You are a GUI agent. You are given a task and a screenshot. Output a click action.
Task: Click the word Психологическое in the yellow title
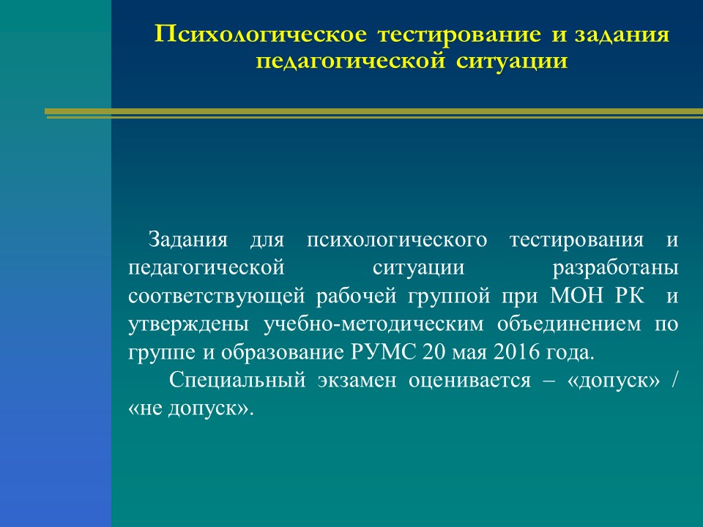261,34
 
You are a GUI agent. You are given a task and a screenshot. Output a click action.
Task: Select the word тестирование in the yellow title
459,34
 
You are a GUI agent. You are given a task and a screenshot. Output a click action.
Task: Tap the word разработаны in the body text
615,269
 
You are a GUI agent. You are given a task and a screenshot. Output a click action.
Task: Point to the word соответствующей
217,296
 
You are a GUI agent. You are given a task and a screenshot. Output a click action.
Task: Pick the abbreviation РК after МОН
630,296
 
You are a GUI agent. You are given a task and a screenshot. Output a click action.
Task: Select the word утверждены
188,324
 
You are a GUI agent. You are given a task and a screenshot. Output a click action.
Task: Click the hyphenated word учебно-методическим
373,324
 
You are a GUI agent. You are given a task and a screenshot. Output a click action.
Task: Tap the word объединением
569,324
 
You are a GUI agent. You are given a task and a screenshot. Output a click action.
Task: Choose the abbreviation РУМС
383,352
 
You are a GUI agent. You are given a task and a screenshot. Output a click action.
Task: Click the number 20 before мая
433,352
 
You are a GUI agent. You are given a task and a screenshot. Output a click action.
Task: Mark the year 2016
516,352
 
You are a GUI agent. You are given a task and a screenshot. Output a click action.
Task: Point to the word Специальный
237,380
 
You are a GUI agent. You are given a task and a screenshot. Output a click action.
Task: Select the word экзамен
357,381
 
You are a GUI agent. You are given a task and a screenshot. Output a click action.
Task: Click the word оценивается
469,381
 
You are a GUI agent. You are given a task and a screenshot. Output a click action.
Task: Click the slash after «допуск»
674,381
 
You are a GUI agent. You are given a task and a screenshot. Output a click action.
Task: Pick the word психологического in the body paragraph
397,241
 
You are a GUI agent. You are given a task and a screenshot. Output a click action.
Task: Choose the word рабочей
357,296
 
